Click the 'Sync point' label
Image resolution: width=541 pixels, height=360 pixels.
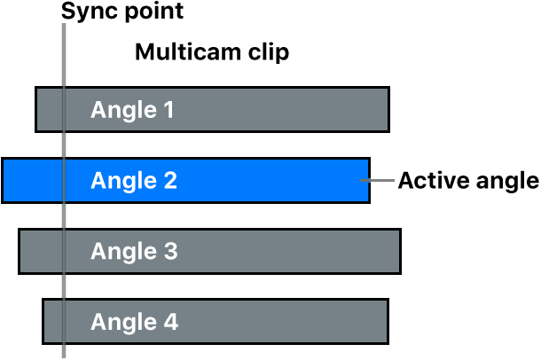122,12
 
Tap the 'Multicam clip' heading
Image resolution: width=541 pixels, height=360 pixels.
212,53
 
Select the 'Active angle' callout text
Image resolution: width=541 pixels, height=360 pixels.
468,181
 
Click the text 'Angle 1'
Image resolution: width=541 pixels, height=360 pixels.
133,111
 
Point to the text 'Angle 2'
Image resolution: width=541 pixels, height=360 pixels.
134,181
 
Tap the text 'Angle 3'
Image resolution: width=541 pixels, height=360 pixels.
134,252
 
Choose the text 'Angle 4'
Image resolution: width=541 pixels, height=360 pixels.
134,322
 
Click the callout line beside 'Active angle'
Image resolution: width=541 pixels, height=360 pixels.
381,181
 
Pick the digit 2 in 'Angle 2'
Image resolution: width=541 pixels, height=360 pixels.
169,181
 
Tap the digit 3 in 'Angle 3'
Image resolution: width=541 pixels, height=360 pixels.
169,252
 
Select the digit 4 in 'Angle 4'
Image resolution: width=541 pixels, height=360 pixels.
169,322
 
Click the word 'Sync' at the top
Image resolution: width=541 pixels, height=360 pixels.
86,12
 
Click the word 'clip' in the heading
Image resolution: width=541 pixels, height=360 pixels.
268,53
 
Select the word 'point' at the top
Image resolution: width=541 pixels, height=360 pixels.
152,12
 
